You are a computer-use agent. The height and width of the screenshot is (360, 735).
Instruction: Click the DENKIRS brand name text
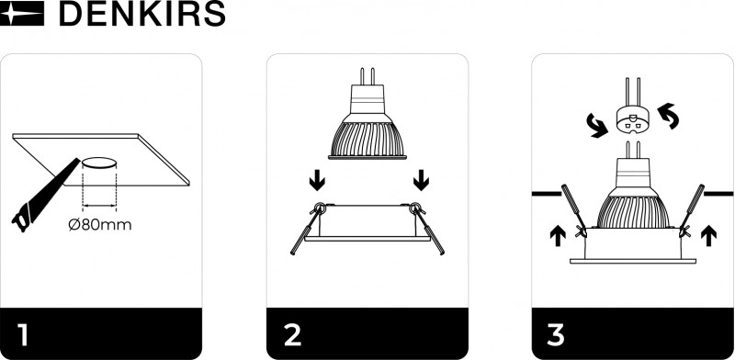142,14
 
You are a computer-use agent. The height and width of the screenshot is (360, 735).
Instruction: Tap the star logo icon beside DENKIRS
22,14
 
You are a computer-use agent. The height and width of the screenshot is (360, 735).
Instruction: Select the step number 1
21,335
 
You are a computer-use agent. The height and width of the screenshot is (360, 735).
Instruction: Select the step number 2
293,335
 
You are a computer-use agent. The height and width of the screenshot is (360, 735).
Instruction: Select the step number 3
556,335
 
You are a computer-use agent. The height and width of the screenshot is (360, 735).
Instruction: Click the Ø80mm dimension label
100,225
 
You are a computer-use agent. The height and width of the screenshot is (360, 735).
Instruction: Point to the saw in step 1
45,196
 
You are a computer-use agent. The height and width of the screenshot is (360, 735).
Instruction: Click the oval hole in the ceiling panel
99,163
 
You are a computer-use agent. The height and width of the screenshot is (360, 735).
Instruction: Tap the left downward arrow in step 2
317,180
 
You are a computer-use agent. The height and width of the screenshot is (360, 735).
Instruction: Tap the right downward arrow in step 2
422,180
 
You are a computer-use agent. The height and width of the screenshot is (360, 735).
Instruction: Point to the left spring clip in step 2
308,229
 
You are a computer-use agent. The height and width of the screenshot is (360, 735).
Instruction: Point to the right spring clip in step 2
427,229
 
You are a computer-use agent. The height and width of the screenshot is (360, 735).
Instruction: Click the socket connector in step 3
633,119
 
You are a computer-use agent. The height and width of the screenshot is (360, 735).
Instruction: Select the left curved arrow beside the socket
595,126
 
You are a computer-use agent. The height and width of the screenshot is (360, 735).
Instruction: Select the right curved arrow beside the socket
668,117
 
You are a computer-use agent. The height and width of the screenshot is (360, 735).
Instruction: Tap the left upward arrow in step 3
558,235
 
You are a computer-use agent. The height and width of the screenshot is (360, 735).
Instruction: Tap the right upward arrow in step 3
709,235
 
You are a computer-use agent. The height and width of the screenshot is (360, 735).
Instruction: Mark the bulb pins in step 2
367,76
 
